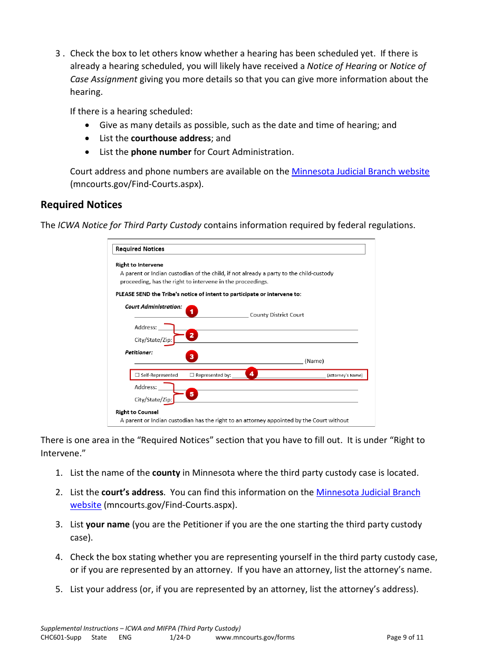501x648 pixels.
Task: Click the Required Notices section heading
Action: pyautogui.click(x=81, y=204)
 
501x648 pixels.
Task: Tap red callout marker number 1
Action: pyautogui.click(x=191, y=311)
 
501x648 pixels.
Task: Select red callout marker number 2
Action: pyautogui.click(x=191, y=335)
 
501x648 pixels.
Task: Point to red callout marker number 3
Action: pyautogui.click(x=191, y=357)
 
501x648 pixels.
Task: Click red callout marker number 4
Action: pyautogui.click(x=252, y=374)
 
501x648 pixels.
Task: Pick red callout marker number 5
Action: pyautogui.click(x=191, y=394)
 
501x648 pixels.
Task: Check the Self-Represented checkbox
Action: pyautogui.click(x=137, y=375)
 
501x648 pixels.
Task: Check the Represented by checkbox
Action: pyautogui.click(x=192, y=375)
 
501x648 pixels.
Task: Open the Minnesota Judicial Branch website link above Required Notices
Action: pyautogui.click(x=360, y=171)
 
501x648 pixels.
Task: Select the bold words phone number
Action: pyautogui.click(x=161, y=152)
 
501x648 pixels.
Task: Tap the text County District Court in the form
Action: pyautogui.click(x=277, y=315)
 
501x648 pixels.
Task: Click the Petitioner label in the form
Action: pyautogui.click(x=139, y=352)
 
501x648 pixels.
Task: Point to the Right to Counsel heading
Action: pyautogui.click(x=137, y=412)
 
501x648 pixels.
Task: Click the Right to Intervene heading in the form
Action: pyautogui.click(x=139, y=264)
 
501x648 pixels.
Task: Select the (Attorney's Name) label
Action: pyautogui.click(x=344, y=375)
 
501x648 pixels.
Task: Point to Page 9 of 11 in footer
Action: pyautogui.click(x=405, y=637)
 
